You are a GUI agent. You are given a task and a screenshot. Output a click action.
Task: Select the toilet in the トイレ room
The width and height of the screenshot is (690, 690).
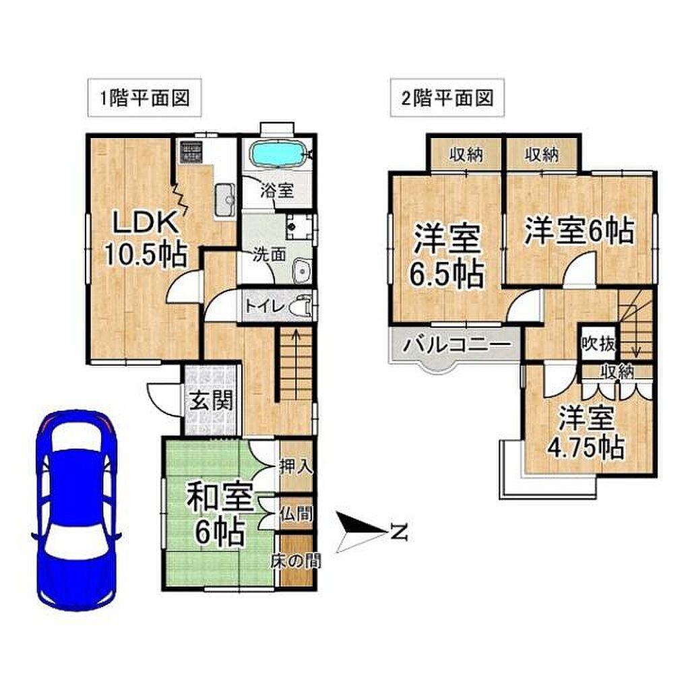302,305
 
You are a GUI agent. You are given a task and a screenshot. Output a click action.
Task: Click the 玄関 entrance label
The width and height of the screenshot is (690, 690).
211,400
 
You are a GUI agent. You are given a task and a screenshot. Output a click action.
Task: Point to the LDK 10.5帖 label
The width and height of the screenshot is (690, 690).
146,238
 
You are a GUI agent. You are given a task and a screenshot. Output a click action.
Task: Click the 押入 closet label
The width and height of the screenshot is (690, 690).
296,466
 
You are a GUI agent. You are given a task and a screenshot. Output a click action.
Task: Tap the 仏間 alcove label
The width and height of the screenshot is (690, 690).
296,513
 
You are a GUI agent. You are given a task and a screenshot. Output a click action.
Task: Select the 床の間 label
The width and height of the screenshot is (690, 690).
296,560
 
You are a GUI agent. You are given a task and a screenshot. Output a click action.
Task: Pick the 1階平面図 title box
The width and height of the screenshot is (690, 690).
145,98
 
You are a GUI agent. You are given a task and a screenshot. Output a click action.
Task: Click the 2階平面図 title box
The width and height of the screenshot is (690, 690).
447,98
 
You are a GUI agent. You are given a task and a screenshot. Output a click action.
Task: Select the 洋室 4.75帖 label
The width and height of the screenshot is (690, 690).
586,433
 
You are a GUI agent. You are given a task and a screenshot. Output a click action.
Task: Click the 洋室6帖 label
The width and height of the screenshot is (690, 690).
579,230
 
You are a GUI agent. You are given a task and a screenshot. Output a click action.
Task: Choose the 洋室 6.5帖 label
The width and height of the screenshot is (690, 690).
447,257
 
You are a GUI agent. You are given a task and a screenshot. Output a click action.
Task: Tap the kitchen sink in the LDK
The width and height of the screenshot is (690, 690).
225,200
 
